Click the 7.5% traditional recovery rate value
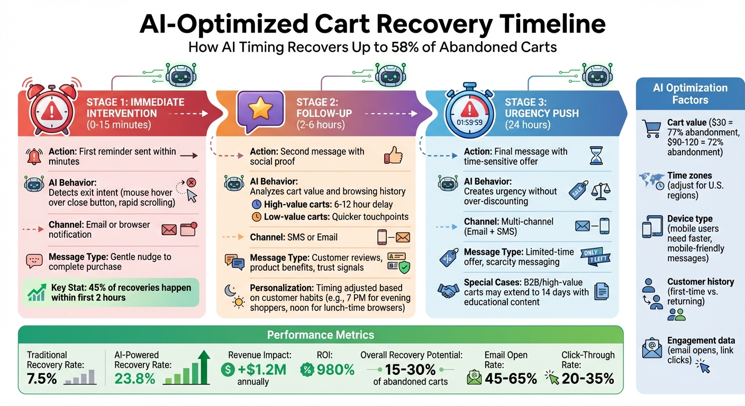tap(42, 378)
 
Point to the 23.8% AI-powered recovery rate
tap(135, 378)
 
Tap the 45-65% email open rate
tap(511, 378)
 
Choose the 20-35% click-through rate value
tap(588, 378)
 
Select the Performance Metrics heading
tap(320, 335)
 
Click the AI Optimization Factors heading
tap(690, 94)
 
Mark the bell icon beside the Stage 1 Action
tap(34, 156)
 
